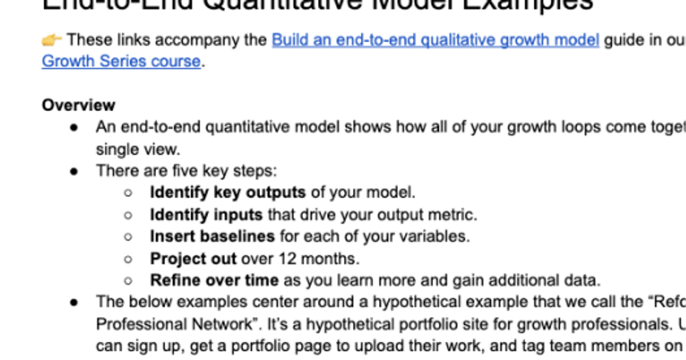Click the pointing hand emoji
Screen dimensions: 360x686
pos(51,40)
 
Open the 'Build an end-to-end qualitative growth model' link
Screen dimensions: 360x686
pos(435,40)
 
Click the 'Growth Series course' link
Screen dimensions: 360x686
pos(121,61)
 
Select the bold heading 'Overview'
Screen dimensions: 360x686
pos(78,105)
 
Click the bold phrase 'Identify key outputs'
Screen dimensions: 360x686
pos(228,193)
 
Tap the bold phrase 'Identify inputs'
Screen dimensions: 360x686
pos(206,215)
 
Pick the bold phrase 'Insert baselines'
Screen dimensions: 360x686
pos(212,236)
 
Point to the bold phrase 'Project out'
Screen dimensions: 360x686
pos(193,259)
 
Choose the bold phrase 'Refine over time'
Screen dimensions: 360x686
pos(214,281)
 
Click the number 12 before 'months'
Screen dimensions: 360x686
pos(288,259)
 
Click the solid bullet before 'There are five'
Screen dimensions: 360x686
pos(74,171)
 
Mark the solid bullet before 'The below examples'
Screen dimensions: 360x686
pos(74,302)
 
